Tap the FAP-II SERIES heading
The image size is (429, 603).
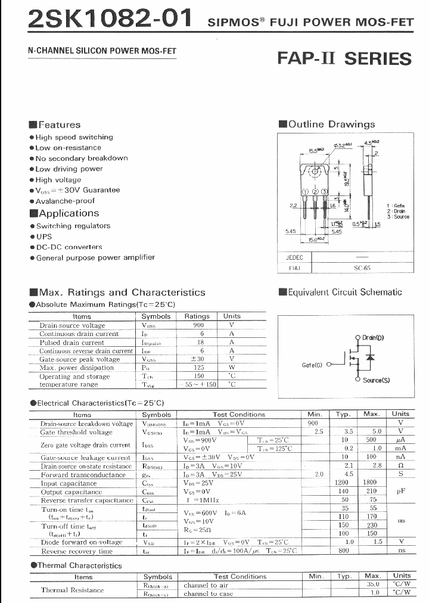coord(344,58)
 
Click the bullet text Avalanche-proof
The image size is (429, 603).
coord(65,201)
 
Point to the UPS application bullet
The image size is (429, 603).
coord(44,237)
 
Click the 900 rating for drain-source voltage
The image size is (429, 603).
coord(198,325)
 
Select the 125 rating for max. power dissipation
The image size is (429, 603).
coord(198,368)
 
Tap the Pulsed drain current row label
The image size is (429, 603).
coord(71,343)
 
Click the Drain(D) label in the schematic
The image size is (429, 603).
coord(373,338)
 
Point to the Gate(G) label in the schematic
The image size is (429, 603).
coord(312,365)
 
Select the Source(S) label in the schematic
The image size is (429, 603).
coord(376,380)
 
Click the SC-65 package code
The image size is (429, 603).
coord(362,268)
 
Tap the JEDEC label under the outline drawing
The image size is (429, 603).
coord(295,257)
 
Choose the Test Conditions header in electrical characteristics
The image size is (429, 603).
coord(239,414)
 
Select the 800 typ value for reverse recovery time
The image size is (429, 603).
coord(344,551)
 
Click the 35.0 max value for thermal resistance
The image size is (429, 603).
coord(372,585)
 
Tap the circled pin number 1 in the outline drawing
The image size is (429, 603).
coord(305,192)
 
